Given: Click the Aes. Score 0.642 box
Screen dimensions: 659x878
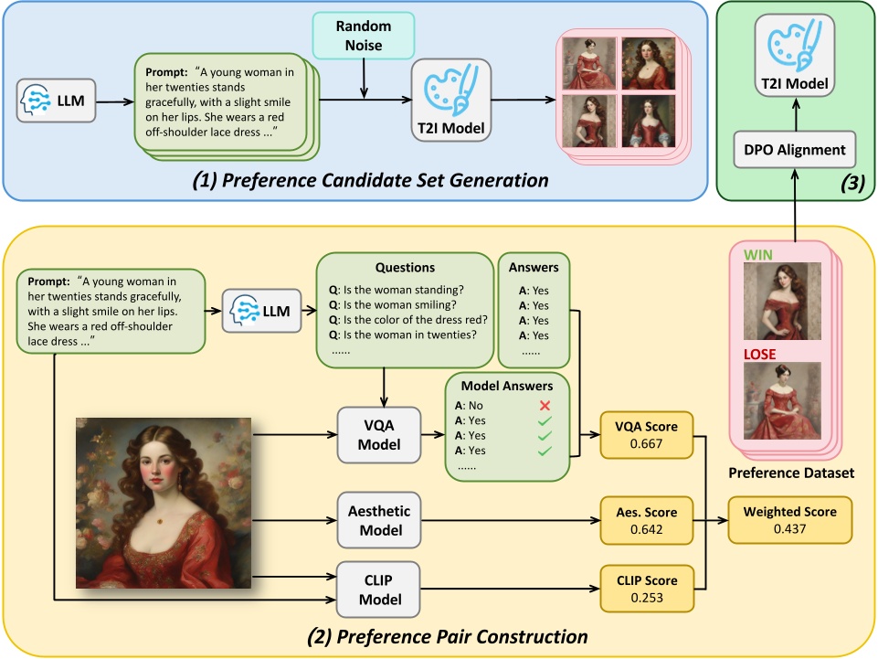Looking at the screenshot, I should (647, 520).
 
